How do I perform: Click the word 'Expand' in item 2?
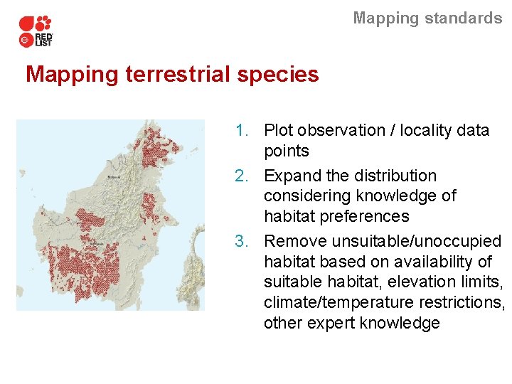coord(292,176)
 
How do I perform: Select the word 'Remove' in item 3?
coord(295,242)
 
